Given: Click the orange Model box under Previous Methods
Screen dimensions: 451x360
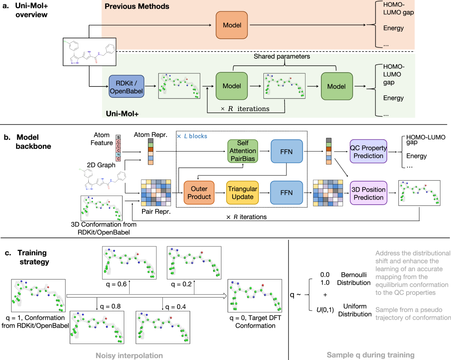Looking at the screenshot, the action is pos(232,25).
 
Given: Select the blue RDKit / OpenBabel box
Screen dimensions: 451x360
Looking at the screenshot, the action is pos(126,87).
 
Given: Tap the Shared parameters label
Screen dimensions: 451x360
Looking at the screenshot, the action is pos(281,56).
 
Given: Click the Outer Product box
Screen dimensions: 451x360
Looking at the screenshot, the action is pos(199,193).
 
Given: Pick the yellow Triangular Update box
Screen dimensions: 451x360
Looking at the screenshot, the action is pos(242,193).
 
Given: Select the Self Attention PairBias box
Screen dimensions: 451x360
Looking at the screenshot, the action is pos(243,151).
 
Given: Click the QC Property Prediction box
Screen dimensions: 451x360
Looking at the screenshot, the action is pos(368,151).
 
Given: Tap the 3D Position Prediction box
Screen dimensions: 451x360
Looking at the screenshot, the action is pos(368,193).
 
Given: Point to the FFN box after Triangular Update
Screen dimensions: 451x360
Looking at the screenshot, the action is pos(286,193).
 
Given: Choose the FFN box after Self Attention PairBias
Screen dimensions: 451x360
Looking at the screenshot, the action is pos(287,151).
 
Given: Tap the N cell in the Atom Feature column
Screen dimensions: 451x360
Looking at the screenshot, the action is pos(118,155).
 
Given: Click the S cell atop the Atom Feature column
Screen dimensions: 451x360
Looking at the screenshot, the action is pos(118,137).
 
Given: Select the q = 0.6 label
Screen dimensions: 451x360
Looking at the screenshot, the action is pos(116,284).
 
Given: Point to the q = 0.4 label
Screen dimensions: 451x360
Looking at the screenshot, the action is pos(176,307).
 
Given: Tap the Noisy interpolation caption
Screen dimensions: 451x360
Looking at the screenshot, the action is pos(129,355).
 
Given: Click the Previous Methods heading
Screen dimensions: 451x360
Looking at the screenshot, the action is pos(137,6).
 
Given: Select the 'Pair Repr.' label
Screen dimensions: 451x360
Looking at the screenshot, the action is pos(156,211).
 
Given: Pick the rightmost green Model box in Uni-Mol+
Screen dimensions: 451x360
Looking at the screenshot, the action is pos(337,86).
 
